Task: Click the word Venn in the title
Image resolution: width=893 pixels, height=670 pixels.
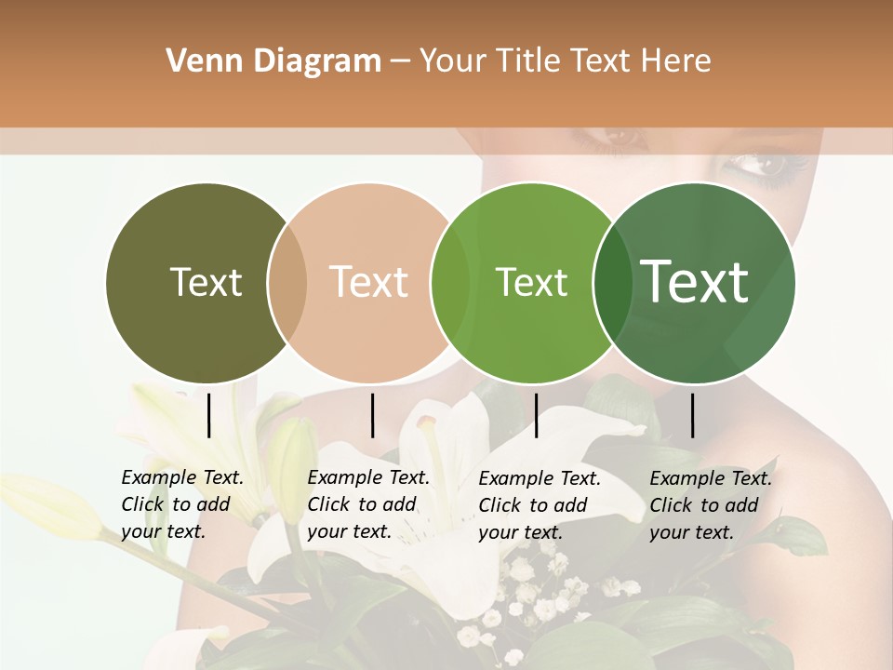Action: tap(197, 61)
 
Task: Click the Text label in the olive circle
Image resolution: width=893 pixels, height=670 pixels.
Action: tap(206, 282)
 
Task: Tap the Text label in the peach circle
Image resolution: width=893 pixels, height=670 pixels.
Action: tap(369, 282)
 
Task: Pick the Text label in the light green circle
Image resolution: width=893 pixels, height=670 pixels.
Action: tap(531, 282)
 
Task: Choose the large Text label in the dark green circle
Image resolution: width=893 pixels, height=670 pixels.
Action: tap(695, 282)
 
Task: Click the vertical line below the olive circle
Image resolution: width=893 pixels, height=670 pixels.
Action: tap(208, 415)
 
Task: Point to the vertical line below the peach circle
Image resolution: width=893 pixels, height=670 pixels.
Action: tap(372, 415)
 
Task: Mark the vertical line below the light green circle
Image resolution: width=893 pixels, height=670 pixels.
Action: tap(536, 415)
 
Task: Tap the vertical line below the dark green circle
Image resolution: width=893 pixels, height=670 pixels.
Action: tap(692, 415)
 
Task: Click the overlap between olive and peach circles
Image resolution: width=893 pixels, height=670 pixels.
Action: tap(287, 283)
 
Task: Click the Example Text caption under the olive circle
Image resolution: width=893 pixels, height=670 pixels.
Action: tap(182, 504)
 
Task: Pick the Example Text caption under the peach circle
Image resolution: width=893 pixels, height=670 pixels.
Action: tap(368, 504)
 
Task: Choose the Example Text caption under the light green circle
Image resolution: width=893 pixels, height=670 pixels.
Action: tap(540, 505)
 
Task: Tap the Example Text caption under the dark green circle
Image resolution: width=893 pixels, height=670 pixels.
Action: tap(711, 505)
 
